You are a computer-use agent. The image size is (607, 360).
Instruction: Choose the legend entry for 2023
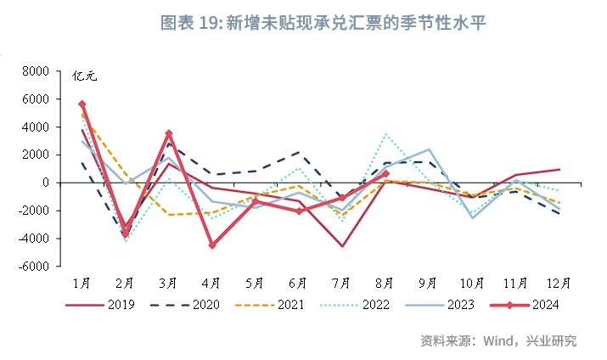coord(448,305)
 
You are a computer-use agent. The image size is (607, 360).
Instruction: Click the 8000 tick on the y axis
coord(37,71)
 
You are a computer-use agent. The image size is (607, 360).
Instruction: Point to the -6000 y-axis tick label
coord(34,267)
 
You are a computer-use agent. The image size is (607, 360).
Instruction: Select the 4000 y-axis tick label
coord(37,127)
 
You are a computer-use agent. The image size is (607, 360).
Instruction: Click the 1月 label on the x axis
coord(82,282)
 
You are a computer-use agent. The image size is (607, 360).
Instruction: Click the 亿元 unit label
coord(85,76)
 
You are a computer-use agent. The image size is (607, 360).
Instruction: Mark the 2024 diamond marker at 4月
coord(212,245)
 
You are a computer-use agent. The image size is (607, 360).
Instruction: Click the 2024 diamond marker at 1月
coord(82,104)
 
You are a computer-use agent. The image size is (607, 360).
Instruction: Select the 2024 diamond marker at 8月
coord(386,173)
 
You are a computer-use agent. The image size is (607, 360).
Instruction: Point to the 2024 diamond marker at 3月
coord(169,133)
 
